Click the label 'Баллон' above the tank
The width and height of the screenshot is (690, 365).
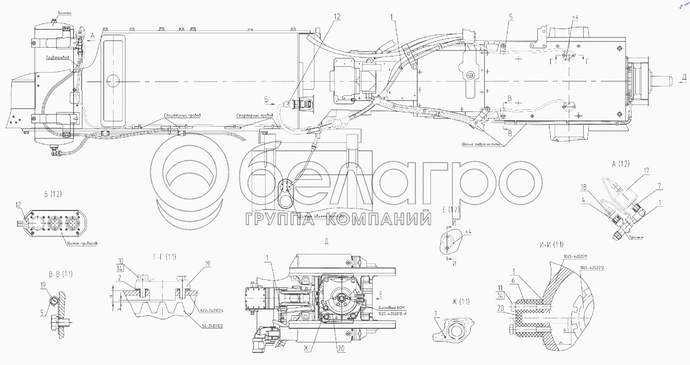point(65,13)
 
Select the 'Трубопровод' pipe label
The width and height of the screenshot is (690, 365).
point(57,58)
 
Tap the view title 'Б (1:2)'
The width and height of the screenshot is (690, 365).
point(53,194)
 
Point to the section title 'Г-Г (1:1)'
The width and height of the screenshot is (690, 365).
point(165,257)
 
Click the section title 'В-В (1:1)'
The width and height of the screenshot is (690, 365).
point(61,274)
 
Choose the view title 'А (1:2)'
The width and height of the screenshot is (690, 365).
point(620,164)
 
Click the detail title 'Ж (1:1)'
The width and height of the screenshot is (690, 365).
point(461,302)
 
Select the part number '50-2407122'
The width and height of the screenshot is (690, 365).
point(212,326)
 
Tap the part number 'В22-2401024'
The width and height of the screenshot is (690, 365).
point(212,311)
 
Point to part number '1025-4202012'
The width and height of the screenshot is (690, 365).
point(592,268)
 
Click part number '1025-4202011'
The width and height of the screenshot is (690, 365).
point(575,256)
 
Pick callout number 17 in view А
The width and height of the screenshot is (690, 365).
point(646,171)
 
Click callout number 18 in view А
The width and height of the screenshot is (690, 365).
point(583,187)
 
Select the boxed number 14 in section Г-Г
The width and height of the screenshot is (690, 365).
point(120,268)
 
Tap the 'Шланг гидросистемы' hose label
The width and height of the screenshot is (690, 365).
point(483,144)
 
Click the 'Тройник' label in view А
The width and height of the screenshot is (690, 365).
point(635,237)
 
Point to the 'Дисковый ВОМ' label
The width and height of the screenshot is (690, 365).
point(391,308)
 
